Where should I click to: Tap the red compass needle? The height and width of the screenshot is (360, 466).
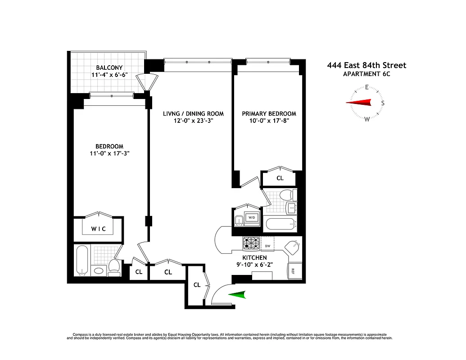coord(359,103)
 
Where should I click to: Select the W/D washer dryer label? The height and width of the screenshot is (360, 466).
coord(252,218)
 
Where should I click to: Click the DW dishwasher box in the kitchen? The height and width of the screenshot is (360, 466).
coord(267,246)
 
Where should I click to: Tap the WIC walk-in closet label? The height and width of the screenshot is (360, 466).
coord(99,229)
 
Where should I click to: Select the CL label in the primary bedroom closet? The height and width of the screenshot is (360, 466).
coord(280,178)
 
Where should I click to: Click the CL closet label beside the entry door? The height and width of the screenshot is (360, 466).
coord(197,285)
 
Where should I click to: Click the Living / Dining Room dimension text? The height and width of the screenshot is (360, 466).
coord(194,121)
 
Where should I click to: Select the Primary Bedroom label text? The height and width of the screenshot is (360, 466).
coord(269,113)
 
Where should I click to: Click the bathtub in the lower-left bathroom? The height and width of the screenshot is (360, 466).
coord(82,260)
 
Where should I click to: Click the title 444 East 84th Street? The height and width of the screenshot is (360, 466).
coord(366,65)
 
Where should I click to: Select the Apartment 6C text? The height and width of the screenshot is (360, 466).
coord(366,74)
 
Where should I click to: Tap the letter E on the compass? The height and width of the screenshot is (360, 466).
coord(367,87)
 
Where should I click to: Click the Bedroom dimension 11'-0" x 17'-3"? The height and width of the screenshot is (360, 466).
coord(109,154)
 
